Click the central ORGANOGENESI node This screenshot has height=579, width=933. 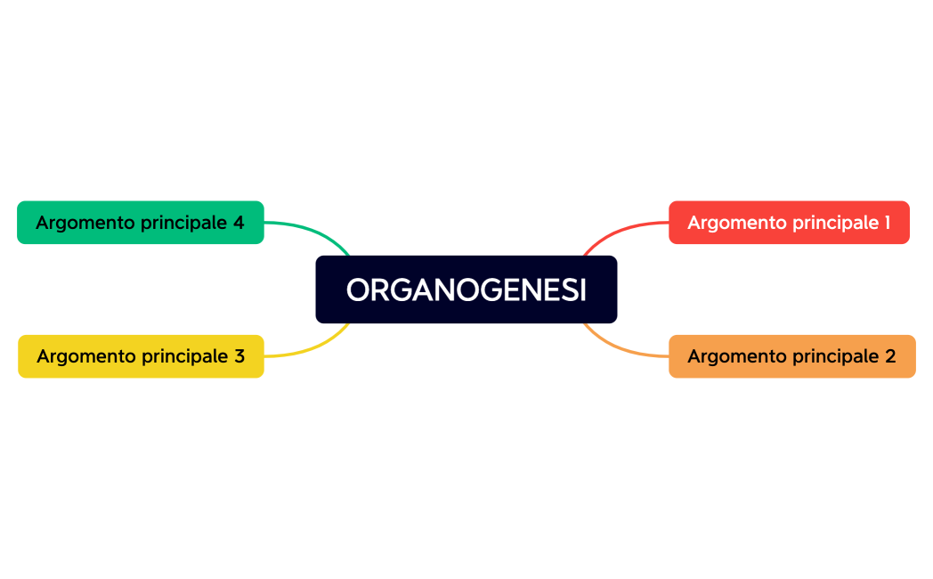tap(466, 289)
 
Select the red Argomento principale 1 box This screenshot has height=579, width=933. tap(789, 222)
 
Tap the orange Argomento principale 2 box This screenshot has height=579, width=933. tap(791, 356)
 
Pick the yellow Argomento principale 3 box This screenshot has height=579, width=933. tap(141, 356)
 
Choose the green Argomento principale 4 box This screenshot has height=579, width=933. tap(141, 222)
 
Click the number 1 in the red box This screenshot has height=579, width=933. tap(886, 223)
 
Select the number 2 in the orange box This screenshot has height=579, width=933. tap(890, 356)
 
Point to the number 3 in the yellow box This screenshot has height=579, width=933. tap(239, 356)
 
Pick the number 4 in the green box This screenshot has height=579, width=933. tap(239, 223)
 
